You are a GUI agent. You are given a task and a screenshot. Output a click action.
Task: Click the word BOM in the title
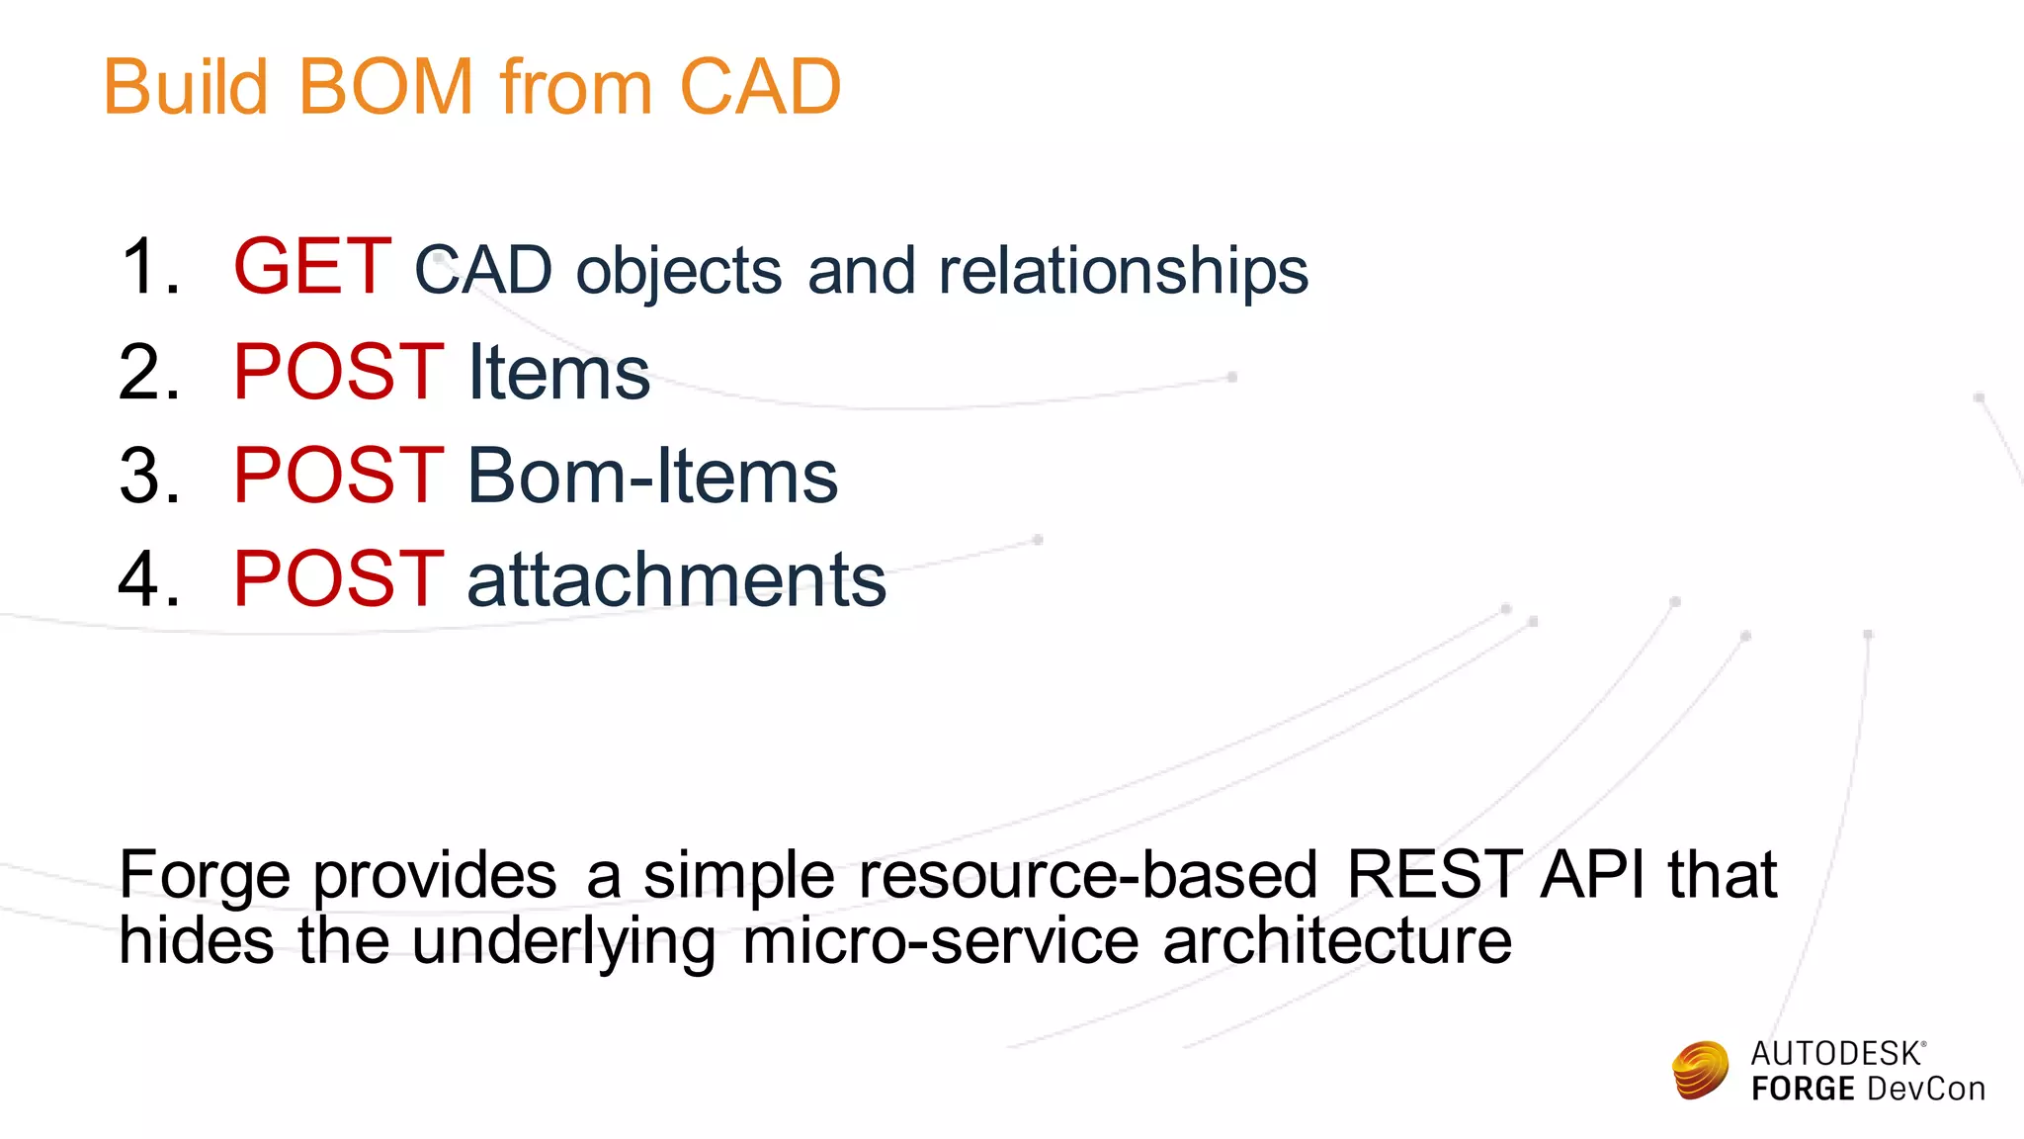point(385,87)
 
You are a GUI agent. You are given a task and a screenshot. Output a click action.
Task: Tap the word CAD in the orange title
point(759,87)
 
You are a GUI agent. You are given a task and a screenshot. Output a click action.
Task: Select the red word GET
point(312,267)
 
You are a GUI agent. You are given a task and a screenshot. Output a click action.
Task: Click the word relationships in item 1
point(1123,271)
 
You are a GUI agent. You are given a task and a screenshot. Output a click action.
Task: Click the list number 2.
point(148,373)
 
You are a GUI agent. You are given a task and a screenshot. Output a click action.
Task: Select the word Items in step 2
point(558,373)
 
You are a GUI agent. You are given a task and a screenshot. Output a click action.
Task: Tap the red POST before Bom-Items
point(338,476)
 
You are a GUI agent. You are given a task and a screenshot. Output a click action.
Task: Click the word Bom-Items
point(652,476)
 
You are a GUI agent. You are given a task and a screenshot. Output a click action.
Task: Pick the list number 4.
point(148,578)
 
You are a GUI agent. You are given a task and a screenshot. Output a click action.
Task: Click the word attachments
point(676,580)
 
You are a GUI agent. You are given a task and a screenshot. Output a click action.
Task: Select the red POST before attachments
point(338,578)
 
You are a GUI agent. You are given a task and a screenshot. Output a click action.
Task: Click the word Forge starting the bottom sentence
point(205,876)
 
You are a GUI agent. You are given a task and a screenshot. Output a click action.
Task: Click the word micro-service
point(940,940)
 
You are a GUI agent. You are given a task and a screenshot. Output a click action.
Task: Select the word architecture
point(1337,940)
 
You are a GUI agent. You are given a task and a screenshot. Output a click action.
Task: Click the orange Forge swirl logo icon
point(1700,1070)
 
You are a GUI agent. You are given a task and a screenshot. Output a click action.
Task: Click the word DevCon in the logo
point(1925,1089)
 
